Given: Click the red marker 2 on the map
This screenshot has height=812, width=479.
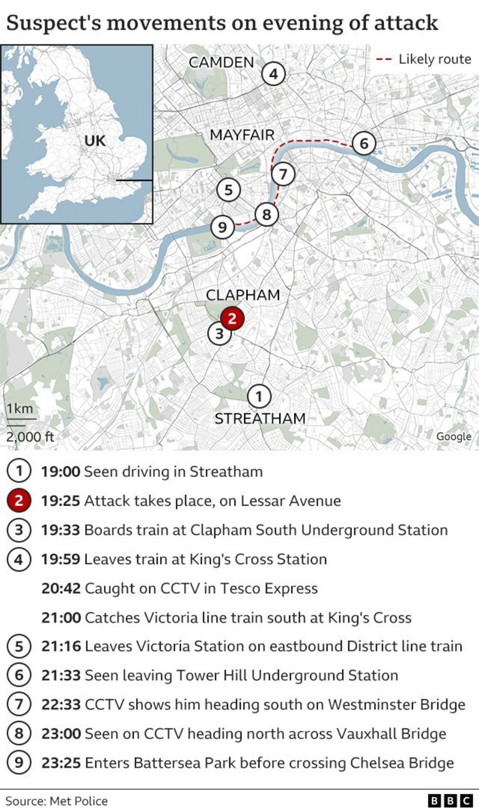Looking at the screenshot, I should [232, 318].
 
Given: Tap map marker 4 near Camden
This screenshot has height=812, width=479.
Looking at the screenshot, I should [273, 74].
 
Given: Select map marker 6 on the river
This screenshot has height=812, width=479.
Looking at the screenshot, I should [364, 143].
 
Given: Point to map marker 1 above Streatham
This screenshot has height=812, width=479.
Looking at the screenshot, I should [259, 396].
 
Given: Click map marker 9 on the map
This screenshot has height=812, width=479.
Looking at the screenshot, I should [222, 227].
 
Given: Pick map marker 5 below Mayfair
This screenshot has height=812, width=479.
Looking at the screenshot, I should [228, 189].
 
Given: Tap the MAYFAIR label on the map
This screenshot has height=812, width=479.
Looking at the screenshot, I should [242, 135].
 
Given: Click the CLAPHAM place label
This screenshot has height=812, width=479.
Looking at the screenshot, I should [243, 295].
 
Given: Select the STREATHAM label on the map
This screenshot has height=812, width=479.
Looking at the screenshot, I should [260, 418].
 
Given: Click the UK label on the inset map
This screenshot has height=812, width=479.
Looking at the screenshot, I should [95, 141].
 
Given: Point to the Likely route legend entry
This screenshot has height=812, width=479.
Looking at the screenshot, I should [424, 59].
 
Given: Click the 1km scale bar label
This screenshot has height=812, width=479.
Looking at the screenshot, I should [20, 408].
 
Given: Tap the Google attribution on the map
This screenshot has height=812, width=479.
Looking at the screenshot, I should [453, 436].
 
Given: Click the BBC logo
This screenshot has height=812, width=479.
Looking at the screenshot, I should [450, 801].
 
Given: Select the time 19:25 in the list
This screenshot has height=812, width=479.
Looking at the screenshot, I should [60, 501].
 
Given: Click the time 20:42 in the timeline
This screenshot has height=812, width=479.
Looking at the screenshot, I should [60, 588].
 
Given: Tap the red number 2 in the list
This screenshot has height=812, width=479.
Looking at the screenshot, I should [19, 501].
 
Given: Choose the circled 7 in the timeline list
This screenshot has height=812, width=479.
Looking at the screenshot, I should [19, 704].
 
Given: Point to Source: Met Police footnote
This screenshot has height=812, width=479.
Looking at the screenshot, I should [56, 801].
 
